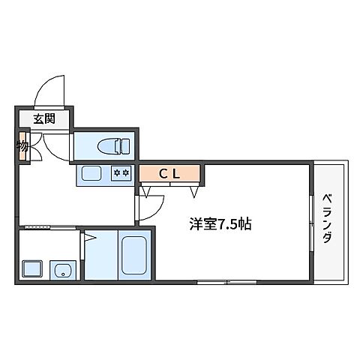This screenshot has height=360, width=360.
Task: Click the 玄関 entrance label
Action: coord(43,118)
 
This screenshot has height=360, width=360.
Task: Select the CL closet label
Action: coord(169,173)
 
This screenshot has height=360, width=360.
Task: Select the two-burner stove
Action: coord(121,175)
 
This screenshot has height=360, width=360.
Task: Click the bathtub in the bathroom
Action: coord(133,255)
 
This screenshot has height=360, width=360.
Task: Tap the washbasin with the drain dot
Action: coord(61,268)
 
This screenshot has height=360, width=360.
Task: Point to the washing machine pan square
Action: coord(32,268)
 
